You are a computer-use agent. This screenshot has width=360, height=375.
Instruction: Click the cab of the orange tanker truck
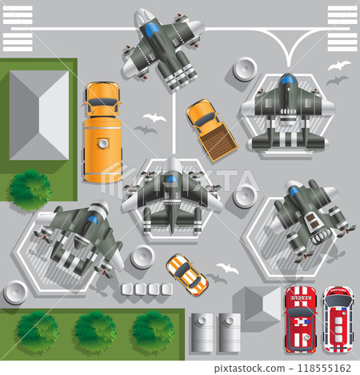(x=102, y=98)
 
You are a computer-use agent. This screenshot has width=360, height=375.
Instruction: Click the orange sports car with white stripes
(x=186, y=273)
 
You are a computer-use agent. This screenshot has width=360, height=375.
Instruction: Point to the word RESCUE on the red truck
(x=302, y=301)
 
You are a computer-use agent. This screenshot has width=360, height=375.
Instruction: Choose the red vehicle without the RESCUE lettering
(x=338, y=320)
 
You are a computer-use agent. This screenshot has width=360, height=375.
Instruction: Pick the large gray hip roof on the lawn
(x=38, y=114)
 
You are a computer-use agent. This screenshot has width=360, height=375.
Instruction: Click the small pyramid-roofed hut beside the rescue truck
(x=257, y=303)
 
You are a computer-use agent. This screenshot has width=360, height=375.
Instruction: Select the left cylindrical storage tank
(x=202, y=332)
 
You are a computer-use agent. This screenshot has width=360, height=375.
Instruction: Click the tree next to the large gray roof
(x=30, y=187)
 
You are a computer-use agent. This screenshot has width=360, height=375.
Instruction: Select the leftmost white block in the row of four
(x=126, y=289)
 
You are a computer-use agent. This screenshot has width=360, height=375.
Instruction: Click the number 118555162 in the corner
(x=322, y=368)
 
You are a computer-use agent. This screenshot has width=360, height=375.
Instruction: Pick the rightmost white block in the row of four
(x=166, y=289)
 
